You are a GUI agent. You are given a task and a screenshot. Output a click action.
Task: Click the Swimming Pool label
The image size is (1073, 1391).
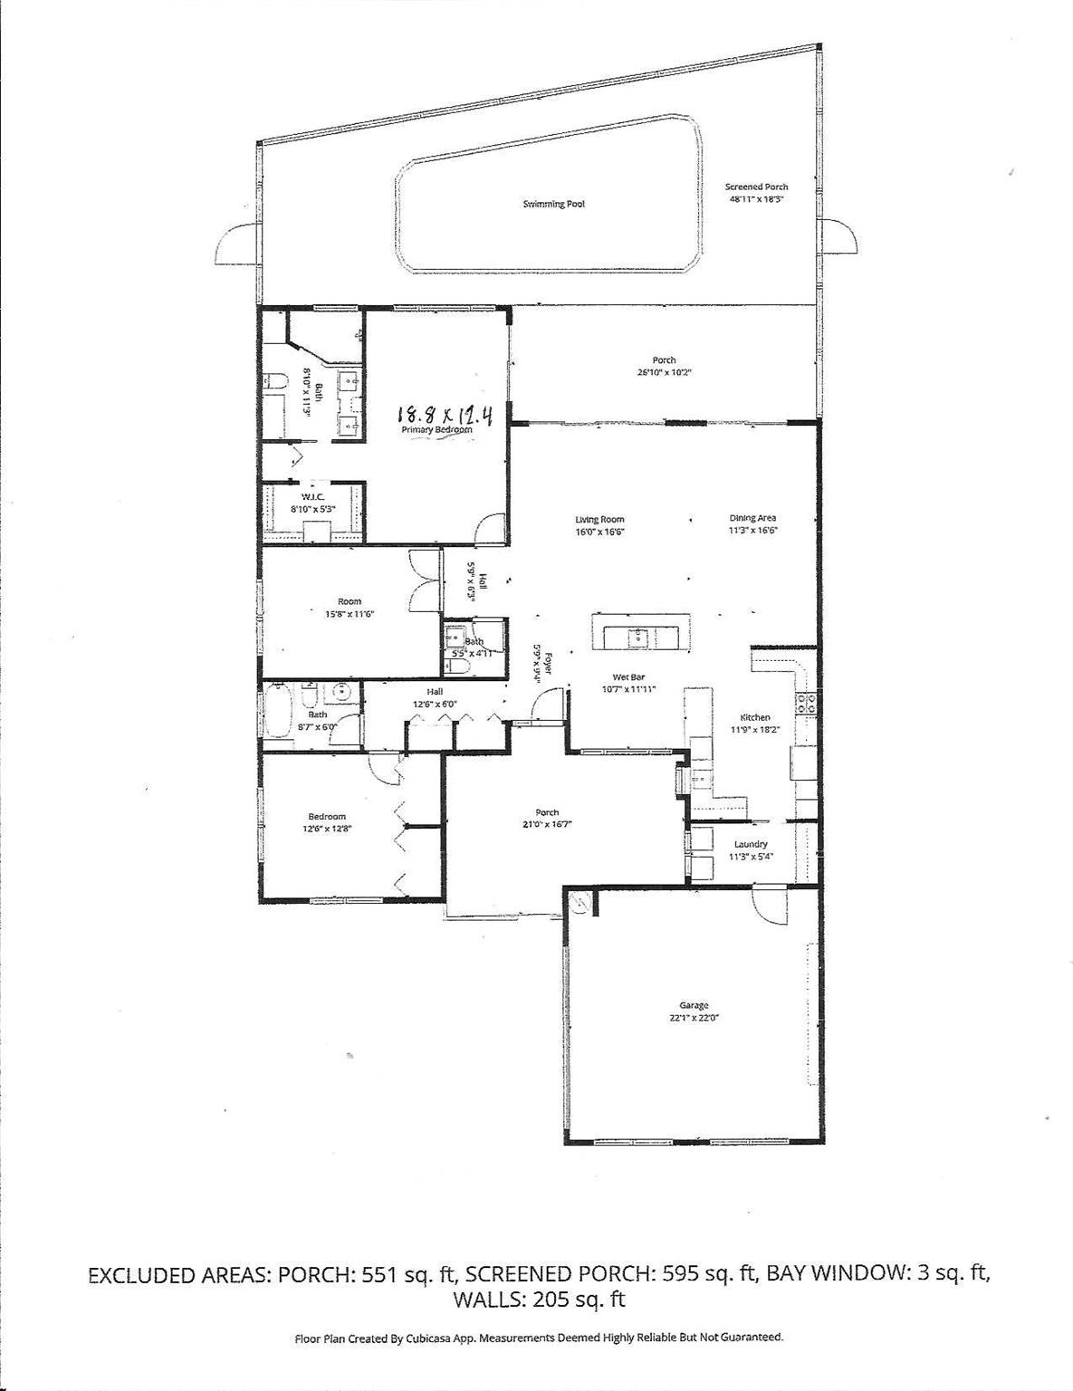click(x=553, y=204)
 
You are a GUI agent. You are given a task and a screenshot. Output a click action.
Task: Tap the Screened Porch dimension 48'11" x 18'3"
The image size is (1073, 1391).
click(x=756, y=198)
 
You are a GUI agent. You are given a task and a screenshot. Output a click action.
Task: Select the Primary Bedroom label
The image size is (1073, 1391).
click(x=438, y=430)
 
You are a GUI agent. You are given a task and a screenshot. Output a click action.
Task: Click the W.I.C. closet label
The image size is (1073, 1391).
click(x=312, y=497)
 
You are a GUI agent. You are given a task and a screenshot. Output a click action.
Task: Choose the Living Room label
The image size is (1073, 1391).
click(x=599, y=520)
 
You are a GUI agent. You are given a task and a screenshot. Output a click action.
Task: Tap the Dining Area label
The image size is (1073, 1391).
click(x=753, y=518)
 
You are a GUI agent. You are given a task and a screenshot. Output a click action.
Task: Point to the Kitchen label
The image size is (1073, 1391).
click(x=754, y=717)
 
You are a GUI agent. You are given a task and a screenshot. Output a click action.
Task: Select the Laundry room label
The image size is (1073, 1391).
click(x=751, y=844)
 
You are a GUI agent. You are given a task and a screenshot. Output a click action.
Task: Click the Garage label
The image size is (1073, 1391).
click(x=694, y=1005)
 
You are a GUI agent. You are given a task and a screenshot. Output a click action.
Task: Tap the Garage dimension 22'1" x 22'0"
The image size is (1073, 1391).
click(x=695, y=1017)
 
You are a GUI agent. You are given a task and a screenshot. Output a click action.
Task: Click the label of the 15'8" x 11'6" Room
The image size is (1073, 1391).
click(x=349, y=601)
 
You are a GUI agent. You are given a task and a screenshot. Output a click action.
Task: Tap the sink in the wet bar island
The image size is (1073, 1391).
click(x=639, y=637)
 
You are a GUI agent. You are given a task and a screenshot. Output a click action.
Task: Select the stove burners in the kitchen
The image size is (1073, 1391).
click(x=804, y=699)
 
